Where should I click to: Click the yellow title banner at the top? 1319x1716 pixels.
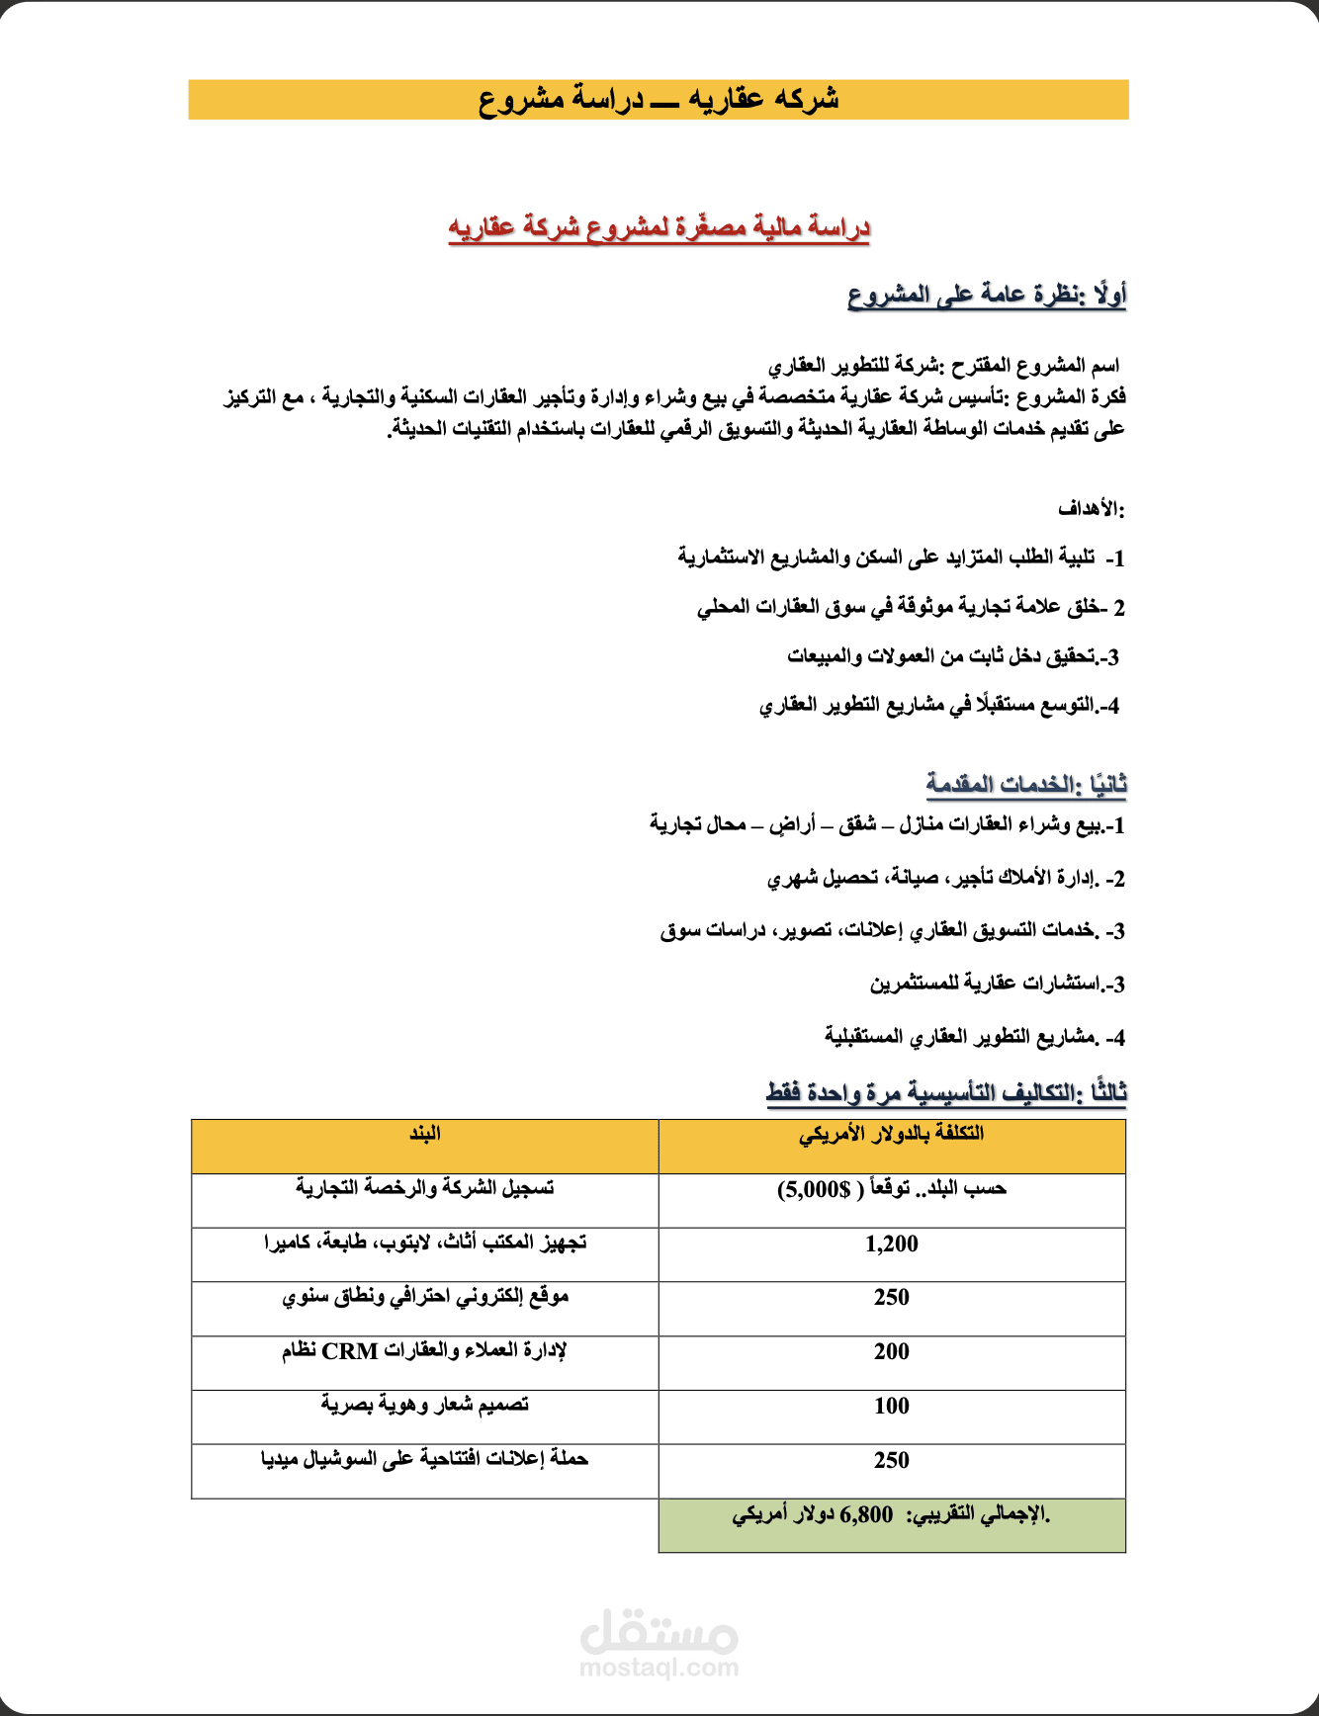click(659, 100)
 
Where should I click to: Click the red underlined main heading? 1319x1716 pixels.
click(659, 227)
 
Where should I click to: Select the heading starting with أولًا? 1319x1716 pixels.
click(987, 295)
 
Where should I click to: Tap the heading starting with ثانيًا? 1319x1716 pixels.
click(1025, 784)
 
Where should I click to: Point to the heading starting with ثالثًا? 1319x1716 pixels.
click(946, 1092)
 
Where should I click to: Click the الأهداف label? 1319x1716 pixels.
click(1091, 509)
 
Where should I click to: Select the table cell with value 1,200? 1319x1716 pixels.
click(891, 1244)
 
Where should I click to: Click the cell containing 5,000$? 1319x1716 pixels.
click(891, 1189)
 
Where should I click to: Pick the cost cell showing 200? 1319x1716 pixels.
click(891, 1352)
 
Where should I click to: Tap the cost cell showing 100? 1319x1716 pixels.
click(891, 1407)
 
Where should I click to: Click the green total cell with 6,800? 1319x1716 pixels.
click(891, 1515)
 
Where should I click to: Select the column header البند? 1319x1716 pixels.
click(425, 1134)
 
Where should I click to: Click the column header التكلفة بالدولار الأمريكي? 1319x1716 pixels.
click(891, 1134)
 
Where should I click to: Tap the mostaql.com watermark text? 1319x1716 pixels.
click(659, 1668)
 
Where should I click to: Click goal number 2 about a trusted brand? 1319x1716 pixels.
click(910, 607)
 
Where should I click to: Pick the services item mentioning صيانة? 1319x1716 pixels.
click(945, 878)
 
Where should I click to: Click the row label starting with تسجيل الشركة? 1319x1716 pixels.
click(425, 1188)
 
